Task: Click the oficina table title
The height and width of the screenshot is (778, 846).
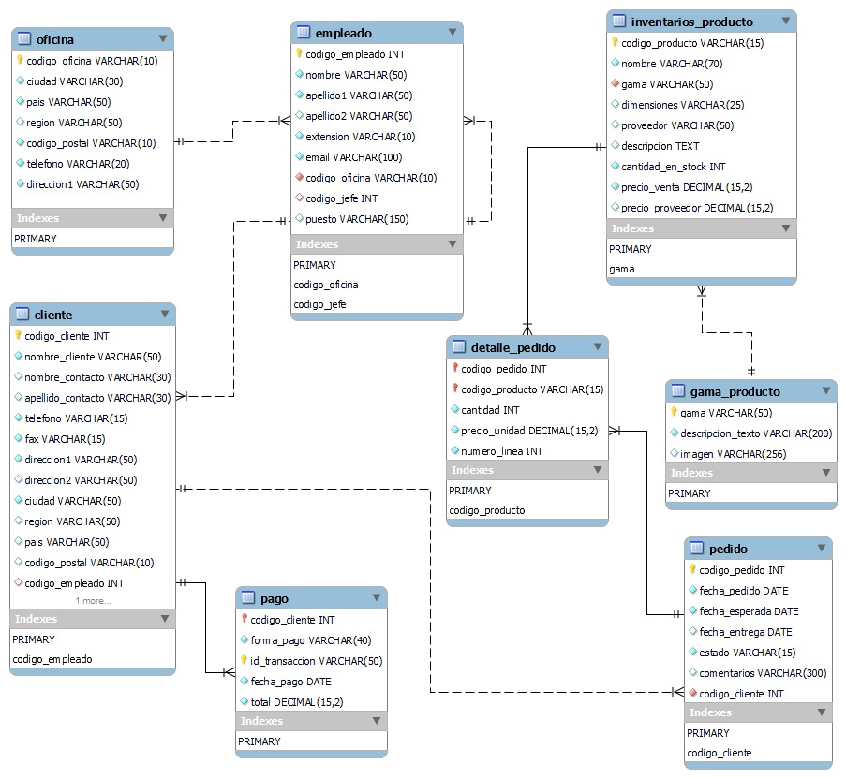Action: coord(55,39)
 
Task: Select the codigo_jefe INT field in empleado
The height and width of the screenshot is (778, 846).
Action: coord(342,198)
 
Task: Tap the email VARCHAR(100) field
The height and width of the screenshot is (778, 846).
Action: coord(353,157)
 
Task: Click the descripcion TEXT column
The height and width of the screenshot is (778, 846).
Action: coord(660,146)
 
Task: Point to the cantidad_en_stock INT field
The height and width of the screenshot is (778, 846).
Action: coord(673,167)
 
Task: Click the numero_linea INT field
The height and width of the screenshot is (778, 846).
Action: coord(501,451)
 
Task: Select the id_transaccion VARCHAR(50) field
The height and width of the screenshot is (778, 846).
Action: coord(317,661)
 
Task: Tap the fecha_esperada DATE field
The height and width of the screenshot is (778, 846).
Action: coord(749,611)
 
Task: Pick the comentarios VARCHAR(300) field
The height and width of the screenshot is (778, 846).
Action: coord(763,673)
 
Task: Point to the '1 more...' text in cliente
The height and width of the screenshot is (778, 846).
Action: coord(93,601)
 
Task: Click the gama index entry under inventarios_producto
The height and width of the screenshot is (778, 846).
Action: coord(622,269)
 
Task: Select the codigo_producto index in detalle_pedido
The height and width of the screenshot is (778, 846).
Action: coord(487,510)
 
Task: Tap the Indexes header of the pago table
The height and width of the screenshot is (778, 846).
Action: coord(261,721)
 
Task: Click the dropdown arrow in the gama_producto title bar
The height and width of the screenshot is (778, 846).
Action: coord(825,391)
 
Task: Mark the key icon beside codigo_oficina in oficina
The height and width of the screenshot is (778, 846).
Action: coord(19,60)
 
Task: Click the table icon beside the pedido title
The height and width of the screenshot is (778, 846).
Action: coord(696,548)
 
